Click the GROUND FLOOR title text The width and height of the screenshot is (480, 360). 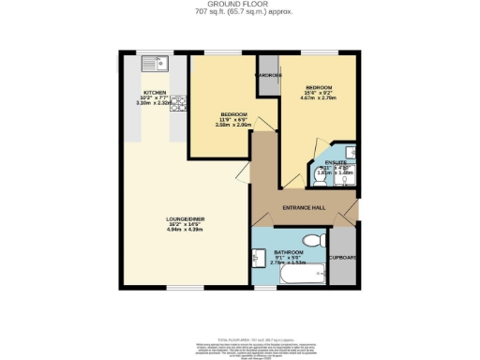(239, 5)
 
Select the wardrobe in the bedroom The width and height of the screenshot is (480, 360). (268, 73)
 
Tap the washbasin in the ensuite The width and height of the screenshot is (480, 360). (350, 152)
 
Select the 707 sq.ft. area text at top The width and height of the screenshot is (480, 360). (239, 14)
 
